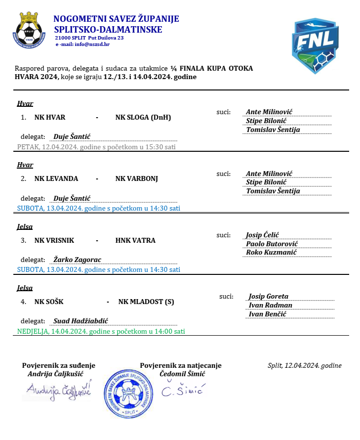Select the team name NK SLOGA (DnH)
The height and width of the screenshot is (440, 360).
point(143,118)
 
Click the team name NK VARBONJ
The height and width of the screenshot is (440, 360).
point(137,178)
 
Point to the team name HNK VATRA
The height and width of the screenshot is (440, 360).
point(135,240)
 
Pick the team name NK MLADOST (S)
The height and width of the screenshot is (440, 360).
point(146,302)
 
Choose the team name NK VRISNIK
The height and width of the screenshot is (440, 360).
point(54,240)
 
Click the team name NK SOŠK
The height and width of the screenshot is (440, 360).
point(49,302)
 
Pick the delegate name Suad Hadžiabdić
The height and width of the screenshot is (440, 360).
point(80,321)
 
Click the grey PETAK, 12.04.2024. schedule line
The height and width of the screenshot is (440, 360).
point(96,147)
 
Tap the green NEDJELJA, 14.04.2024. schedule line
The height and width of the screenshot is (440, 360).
point(101,331)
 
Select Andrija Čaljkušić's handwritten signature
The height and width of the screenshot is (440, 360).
point(59,391)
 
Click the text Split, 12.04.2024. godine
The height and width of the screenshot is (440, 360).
point(304,366)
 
